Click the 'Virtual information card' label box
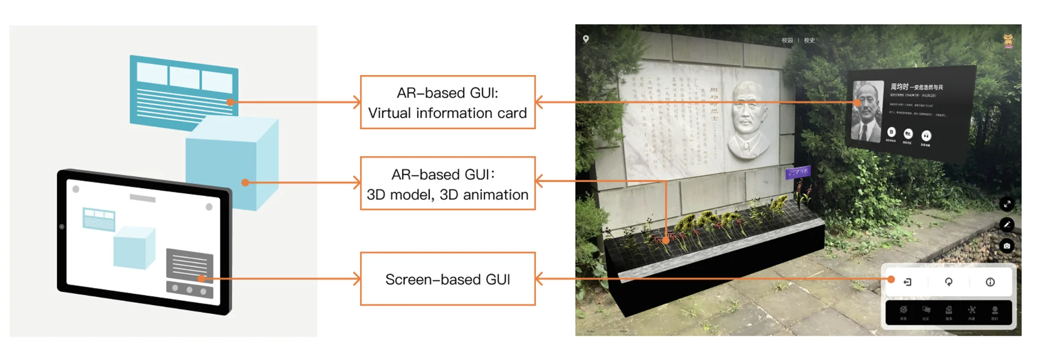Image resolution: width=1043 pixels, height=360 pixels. tap(448, 102)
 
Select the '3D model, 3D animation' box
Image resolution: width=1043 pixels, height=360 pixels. tap(448, 184)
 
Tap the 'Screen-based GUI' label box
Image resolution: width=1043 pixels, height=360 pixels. tap(448, 279)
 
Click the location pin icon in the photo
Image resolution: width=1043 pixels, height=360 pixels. tap(586, 39)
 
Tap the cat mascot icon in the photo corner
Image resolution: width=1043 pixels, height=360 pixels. tap(1008, 41)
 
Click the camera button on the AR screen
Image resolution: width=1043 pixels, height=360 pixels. tap(1007, 246)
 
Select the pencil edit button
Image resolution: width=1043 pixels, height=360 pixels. tap(1007, 224)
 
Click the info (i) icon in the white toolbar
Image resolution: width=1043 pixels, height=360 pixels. tap(990, 282)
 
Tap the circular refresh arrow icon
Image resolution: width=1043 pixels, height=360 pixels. tap(949, 282)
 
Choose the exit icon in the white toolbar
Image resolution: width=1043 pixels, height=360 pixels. tap(907, 282)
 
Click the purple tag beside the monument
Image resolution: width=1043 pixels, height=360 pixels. tap(797, 172)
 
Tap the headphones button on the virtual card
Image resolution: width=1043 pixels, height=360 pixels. tap(926, 136)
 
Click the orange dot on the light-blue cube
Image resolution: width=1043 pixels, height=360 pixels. tap(245, 183)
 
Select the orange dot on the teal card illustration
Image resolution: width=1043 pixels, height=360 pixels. tap(230, 102)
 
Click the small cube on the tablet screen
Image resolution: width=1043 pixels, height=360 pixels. tap(134, 248)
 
